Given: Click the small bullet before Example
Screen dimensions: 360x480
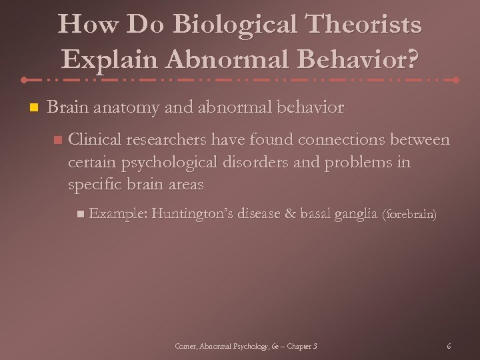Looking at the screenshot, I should (x=79, y=214).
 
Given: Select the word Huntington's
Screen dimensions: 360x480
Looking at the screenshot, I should (x=190, y=213).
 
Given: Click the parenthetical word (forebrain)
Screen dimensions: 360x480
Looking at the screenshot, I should (x=409, y=215).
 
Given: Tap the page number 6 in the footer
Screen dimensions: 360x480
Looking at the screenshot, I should (x=449, y=346).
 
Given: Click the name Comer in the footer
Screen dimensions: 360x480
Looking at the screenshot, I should (x=184, y=346).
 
